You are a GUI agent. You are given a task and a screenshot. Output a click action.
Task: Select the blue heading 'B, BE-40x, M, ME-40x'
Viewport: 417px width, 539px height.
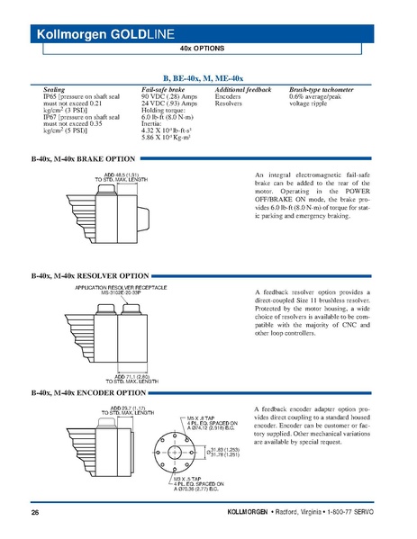209,79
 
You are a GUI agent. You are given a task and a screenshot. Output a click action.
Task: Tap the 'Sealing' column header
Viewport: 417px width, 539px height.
55,91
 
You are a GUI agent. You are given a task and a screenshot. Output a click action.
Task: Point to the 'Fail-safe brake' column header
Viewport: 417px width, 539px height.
163,91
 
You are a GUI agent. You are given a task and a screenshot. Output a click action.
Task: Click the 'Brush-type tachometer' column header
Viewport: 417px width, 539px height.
321,91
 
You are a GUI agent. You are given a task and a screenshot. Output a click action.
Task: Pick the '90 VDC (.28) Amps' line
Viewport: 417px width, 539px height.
169,97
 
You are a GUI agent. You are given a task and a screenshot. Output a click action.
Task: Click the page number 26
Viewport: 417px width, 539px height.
35,513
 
